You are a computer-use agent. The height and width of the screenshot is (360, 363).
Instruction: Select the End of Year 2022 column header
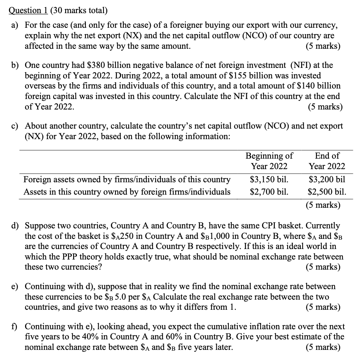point(327,161)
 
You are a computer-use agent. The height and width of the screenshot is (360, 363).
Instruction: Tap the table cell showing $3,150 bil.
point(269,179)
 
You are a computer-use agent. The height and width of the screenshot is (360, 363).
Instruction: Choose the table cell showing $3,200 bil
point(327,179)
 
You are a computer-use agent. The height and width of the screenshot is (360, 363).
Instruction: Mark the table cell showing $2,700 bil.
point(269,192)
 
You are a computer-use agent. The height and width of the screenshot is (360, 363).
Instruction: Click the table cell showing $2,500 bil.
point(327,192)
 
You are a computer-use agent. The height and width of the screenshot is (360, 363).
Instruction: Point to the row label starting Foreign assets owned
point(127,179)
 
